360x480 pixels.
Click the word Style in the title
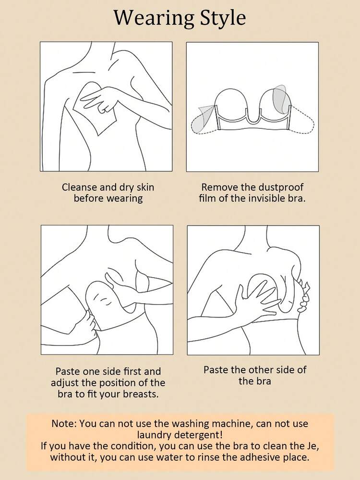click(223, 18)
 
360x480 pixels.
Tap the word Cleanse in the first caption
click(80, 187)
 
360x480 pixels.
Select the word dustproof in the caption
click(281, 188)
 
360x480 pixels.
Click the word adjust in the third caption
click(65, 383)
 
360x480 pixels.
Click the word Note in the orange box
click(64, 424)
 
